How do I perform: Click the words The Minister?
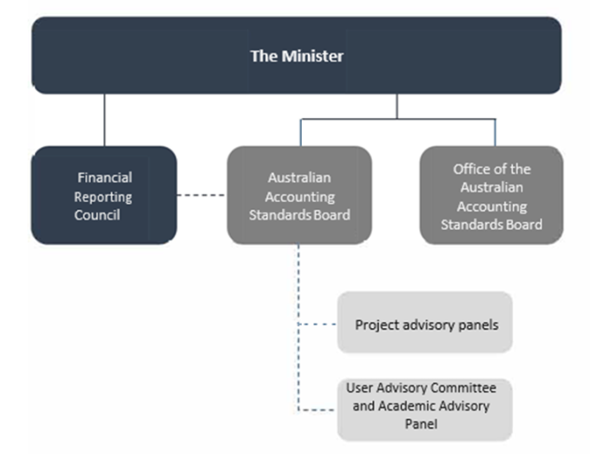click(x=297, y=56)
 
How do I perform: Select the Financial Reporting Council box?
click(x=104, y=195)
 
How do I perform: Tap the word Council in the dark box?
click(x=97, y=215)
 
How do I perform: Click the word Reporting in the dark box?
click(x=102, y=197)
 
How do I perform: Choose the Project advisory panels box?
click(x=425, y=322)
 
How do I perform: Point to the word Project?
click(x=377, y=325)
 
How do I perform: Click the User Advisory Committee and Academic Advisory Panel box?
click(x=425, y=410)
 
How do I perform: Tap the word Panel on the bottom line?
click(x=421, y=424)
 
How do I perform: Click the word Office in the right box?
click(x=471, y=169)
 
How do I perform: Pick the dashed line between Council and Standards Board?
click(x=201, y=195)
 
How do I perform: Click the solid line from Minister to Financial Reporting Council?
click(x=105, y=120)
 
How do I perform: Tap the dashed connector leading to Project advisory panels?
click(x=318, y=324)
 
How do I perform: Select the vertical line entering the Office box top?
click(x=495, y=133)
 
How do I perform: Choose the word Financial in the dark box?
click(x=105, y=177)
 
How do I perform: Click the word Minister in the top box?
click(x=312, y=56)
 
